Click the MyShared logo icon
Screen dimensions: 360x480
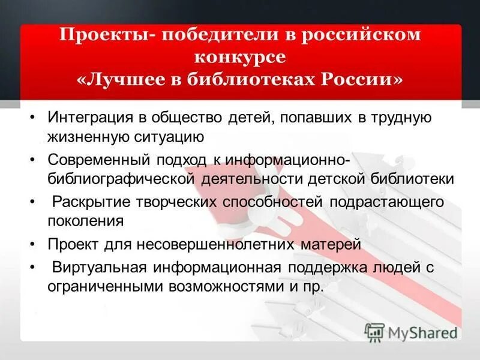[x=374, y=331]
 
